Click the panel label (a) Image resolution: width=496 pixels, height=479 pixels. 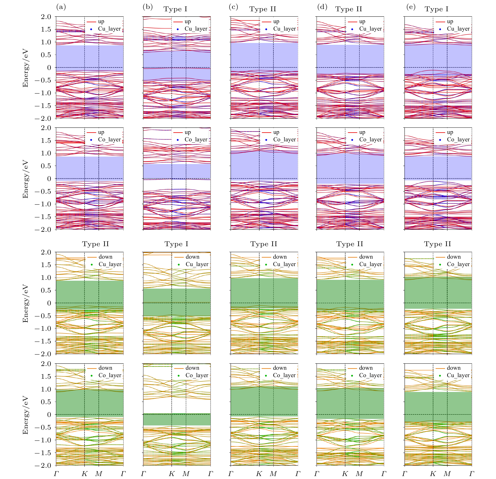coord(61,7)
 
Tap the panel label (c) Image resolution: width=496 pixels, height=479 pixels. coord(233,7)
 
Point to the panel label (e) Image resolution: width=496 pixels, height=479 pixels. coord(411,7)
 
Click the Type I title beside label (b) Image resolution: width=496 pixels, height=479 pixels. coord(175,9)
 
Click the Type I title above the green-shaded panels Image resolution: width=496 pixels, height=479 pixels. coord(176,244)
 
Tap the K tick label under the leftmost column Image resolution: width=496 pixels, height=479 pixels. coord(84,474)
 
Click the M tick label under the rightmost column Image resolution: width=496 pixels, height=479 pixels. coord(447,474)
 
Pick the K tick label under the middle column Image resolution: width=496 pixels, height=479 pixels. coord(259,474)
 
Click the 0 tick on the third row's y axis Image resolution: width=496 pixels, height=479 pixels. coord(49,303)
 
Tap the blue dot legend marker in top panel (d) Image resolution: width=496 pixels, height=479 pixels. coord(352,29)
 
